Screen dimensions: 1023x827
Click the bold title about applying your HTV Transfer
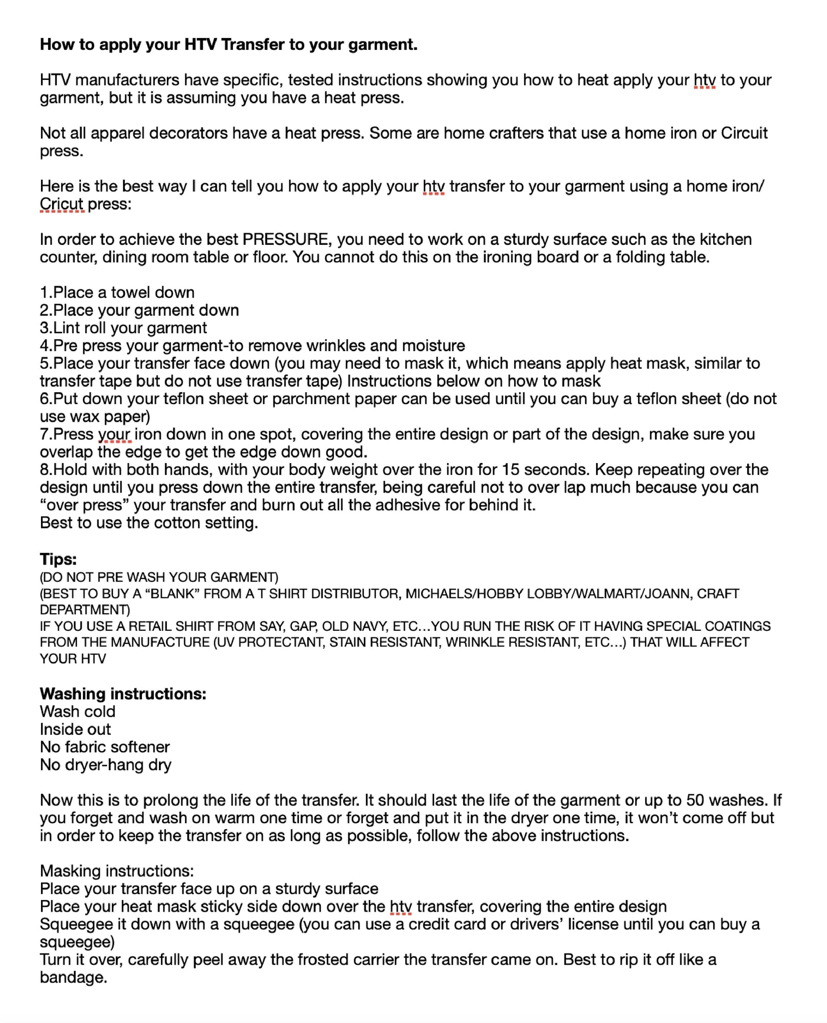pyautogui.click(x=228, y=44)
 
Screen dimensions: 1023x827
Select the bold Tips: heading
pyautogui.click(x=58, y=559)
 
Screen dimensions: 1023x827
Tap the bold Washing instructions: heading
pyautogui.click(x=123, y=694)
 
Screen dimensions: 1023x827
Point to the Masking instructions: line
pyautogui.click(x=116, y=871)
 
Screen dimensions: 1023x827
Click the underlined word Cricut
pyautogui.click(x=61, y=204)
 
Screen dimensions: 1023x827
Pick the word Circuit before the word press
pyautogui.click(x=744, y=133)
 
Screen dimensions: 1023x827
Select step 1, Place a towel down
pyautogui.click(x=117, y=292)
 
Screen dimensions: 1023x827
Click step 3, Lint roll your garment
pyautogui.click(x=123, y=328)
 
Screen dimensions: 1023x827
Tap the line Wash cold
pyautogui.click(x=77, y=711)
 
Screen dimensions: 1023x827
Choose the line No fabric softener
pyautogui.click(x=104, y=747)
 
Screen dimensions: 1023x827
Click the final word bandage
pyautogui.click(x=73, y=977)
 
